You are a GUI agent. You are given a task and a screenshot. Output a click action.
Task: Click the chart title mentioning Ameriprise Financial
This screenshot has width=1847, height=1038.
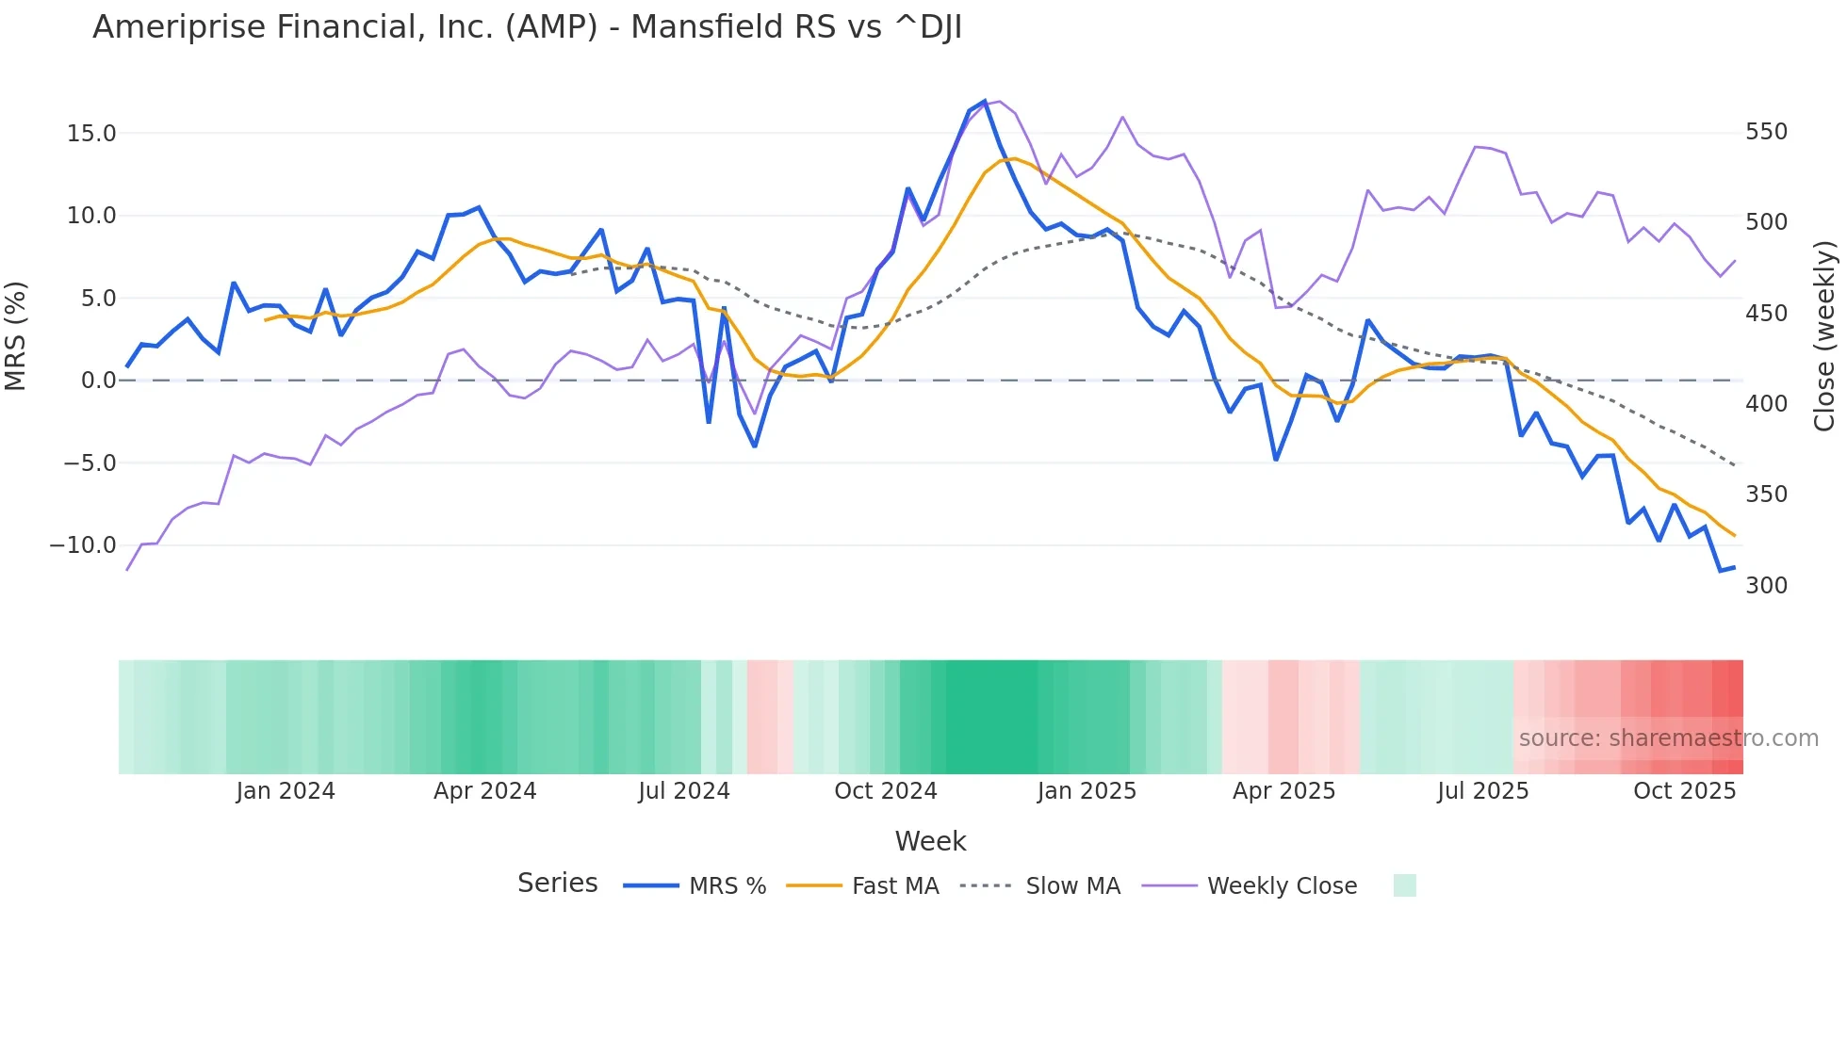point(527,27)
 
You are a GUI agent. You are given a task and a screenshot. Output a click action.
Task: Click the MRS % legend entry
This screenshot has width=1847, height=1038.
point(727,886)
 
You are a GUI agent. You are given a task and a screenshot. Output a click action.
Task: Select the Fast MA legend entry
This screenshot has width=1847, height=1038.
point(894,886)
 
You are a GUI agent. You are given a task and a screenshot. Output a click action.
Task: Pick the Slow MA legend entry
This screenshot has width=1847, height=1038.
point(1072,886)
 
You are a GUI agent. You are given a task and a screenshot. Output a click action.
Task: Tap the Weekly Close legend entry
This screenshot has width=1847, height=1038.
point(1282,886)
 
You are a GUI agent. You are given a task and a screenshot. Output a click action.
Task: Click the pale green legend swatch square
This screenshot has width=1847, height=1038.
point(1404,885)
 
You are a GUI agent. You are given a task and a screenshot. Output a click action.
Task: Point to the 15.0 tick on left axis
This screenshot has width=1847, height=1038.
point(91,134)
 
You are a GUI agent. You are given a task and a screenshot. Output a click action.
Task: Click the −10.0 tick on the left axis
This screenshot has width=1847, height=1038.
point(83,545)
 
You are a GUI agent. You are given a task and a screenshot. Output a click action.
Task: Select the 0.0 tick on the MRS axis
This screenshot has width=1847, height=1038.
point(98,381)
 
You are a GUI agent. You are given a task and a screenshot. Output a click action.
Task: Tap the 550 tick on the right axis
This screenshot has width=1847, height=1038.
point(1766,132)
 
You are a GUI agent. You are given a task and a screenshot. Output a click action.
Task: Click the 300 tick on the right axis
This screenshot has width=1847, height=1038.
point(1766,586)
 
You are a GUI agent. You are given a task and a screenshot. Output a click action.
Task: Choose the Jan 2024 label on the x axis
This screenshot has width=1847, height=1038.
point(286,791)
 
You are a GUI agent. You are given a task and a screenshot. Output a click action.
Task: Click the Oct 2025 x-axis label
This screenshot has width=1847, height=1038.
point(1684,791)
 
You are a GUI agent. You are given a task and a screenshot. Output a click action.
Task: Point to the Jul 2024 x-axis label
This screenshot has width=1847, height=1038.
point(684,791)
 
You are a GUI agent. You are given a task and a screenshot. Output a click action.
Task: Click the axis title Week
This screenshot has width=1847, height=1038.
point(930,841)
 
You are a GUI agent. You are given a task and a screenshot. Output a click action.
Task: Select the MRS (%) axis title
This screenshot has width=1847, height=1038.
point(16,335)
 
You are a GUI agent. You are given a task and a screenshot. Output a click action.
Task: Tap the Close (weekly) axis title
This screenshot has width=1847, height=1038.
point(1824,335)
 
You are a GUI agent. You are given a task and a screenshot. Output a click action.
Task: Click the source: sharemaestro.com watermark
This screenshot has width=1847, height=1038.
point(1668,738)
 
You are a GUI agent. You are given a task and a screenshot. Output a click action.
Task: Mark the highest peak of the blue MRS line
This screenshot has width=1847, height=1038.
point(985,101)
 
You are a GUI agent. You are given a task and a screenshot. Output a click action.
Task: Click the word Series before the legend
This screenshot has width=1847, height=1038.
point(557,884)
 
